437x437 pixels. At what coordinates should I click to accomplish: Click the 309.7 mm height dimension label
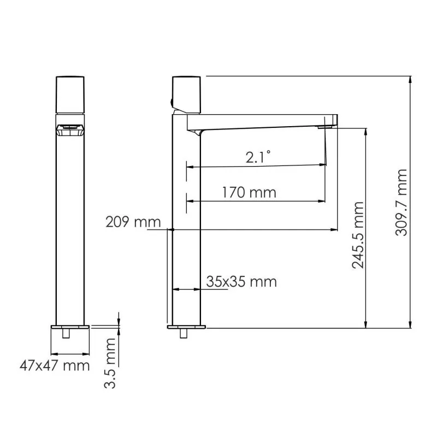click(403, 203)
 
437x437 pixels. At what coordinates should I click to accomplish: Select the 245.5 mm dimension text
click(358, 235)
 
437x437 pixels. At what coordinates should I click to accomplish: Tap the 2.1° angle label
click(258, 158)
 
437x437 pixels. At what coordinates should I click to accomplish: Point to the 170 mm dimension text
click(249, 192)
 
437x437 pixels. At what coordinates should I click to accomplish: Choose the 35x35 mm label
click(241, 281)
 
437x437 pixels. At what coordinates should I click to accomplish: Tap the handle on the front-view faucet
click(70, 94)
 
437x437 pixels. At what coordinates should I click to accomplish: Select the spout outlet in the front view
click(70, 130)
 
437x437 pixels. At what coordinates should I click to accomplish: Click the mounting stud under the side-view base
click(182, 334)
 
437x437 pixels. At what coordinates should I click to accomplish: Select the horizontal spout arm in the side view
click(262, 121)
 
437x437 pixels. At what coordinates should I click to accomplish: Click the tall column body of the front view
click(70, 229)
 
